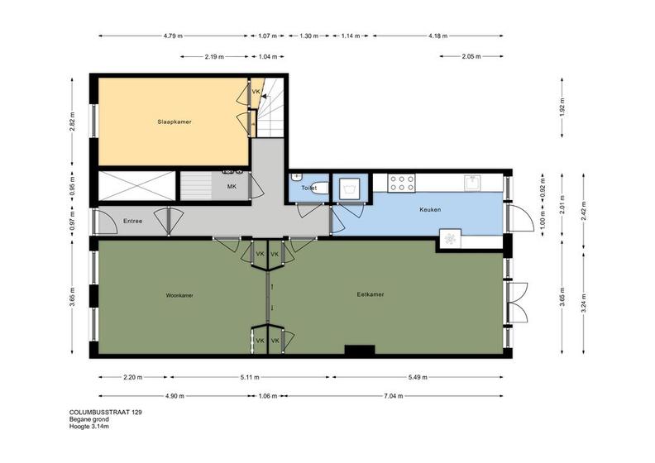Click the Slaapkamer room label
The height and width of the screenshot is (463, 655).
tap(175, 122)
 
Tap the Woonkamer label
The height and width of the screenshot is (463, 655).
tap(179, 296)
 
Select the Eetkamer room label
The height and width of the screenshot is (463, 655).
tap(371, 294)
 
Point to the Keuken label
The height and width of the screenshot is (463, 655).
tap(430, 209)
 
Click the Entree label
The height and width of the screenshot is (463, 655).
tap(132, 222)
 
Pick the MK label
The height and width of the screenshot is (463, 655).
tap(232, 187)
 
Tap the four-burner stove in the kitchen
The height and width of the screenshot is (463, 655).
tap(401, 183)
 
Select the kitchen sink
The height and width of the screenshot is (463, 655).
tap(473, 183)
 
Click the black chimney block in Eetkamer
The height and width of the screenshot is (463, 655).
tap(360, 351)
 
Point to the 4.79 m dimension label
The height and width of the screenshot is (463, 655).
tap(173, 36)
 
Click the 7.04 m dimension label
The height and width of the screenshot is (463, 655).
tap(393, 396)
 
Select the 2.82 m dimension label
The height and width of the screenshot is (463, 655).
tap(72, 122)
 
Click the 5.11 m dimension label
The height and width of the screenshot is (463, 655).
tap(250, 377)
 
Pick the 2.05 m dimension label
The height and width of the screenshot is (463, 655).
tap(471, 56)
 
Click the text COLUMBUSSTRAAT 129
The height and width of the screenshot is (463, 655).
tap(105, 413)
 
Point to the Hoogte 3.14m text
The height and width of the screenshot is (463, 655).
tap(89, 427)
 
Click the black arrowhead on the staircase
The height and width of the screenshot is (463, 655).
tap(264, 96)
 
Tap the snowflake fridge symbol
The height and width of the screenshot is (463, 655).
tap(450, 239)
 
